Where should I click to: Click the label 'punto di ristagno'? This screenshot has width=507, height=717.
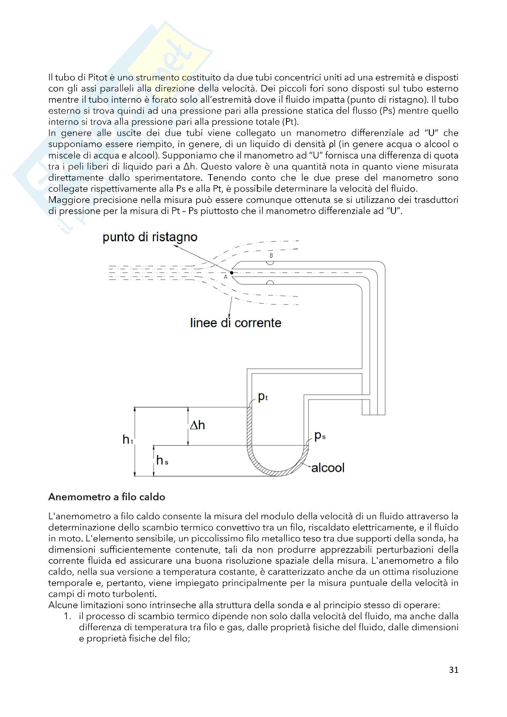click(150, 237)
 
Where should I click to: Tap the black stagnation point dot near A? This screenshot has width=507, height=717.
click(232, 273)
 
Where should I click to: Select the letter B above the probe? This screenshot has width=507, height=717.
click(271, 255)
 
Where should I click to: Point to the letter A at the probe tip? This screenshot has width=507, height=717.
click(226, 277)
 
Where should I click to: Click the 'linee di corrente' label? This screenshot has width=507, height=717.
click(235, 323)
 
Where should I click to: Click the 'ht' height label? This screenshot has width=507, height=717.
click(128, 440)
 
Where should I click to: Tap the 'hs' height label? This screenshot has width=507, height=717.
click(162, 460)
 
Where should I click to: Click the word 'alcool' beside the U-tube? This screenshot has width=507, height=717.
click(328, 468)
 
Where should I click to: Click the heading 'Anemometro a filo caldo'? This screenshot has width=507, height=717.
click(106, 497)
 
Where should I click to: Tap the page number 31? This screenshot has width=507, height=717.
click(454, 670)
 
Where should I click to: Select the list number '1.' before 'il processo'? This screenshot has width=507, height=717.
click(68, 616)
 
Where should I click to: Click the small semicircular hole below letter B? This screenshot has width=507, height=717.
click(270, 263)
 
